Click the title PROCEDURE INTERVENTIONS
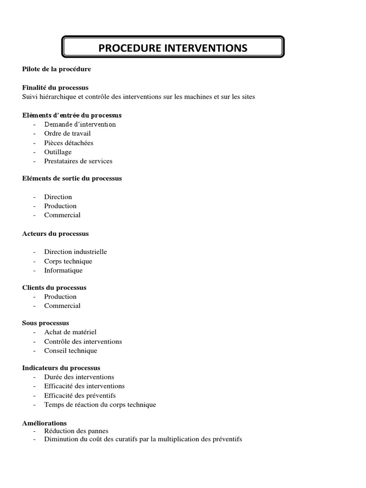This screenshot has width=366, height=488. (173, 48)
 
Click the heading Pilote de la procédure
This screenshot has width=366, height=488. (56, 69)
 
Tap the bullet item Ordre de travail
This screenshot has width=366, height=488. (67, 133)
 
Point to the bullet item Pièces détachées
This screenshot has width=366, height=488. (69, 142)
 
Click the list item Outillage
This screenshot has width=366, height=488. (58, 152)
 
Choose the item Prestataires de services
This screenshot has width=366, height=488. (78, 161)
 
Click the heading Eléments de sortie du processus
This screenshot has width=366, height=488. (72, 178)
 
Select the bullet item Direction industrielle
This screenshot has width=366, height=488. (75, 252)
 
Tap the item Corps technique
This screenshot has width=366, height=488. (68, 261)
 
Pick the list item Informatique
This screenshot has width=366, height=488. (63, 270)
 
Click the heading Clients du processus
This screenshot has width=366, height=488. (54, 288)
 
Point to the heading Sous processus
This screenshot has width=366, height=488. (46, 323)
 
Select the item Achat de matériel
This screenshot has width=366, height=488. (70, 332)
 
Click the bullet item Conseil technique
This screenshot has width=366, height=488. (71, 351)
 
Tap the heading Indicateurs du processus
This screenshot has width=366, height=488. (61, 368)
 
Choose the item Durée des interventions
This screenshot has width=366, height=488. (79, 377)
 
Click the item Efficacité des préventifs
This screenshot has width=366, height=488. (80, 396)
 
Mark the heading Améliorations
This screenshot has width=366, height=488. (44, 423)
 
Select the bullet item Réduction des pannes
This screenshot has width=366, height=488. (76, 431)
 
